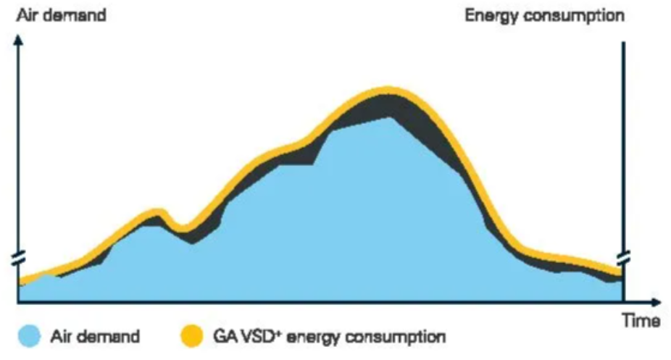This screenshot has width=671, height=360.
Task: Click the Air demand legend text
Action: pyautogui.click(x=94, y=337)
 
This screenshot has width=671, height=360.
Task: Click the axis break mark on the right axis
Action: pyautogui.click(x=622, y=258)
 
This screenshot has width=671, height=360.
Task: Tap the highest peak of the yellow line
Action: pyautogui.click(x=389, y=91)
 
